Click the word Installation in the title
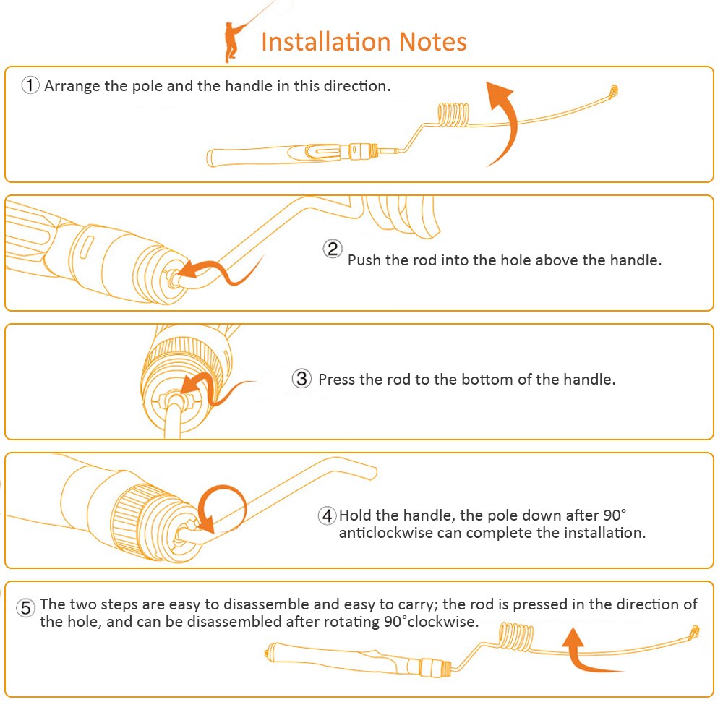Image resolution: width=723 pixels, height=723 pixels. (326, 41)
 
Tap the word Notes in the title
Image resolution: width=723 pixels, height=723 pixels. (432, 41)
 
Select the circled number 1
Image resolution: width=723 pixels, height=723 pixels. (30, 85)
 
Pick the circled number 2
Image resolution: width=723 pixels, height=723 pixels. (332, 249)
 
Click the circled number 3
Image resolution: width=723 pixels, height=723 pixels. (301, 379)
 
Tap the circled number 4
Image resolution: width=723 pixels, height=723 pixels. (327, 515)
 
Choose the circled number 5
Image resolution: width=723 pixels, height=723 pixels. (26, 607)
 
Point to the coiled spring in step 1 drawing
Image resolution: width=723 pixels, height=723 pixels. (453, 114)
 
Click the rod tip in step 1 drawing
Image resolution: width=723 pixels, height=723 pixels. (613, 90)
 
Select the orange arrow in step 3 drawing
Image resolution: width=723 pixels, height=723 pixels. (208, 386)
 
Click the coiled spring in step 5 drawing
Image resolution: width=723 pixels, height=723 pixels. (516, 637)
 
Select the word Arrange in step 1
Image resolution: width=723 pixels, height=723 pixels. (72, 87)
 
